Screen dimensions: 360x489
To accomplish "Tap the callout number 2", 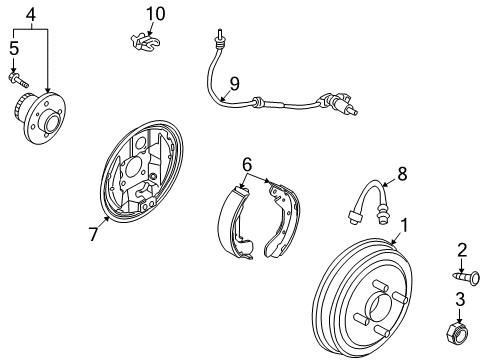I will (x=462, y=250).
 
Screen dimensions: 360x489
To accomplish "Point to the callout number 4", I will (x=31, y=15).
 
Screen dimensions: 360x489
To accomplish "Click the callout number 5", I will (x=14, y=47).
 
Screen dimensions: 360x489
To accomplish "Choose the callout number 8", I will (x=402, y=173).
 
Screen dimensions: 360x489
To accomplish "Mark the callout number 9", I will (x=233, y=84).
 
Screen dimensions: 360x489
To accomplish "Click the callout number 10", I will (x=154, y=14).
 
